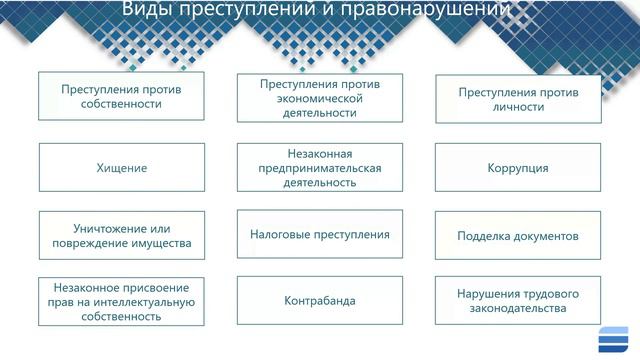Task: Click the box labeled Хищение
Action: coord(123,168)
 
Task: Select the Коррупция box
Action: coord(518,168)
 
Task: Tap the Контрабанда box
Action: coord(320,300)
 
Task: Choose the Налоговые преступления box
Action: coord(320,234)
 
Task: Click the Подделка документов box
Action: coord(518,236)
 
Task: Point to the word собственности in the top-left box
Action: coord(122,104)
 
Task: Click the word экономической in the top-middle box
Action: coord(320,99)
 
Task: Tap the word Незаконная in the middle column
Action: coord(320,152)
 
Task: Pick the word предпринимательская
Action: coord(320,168)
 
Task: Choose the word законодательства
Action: coord(518,309)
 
